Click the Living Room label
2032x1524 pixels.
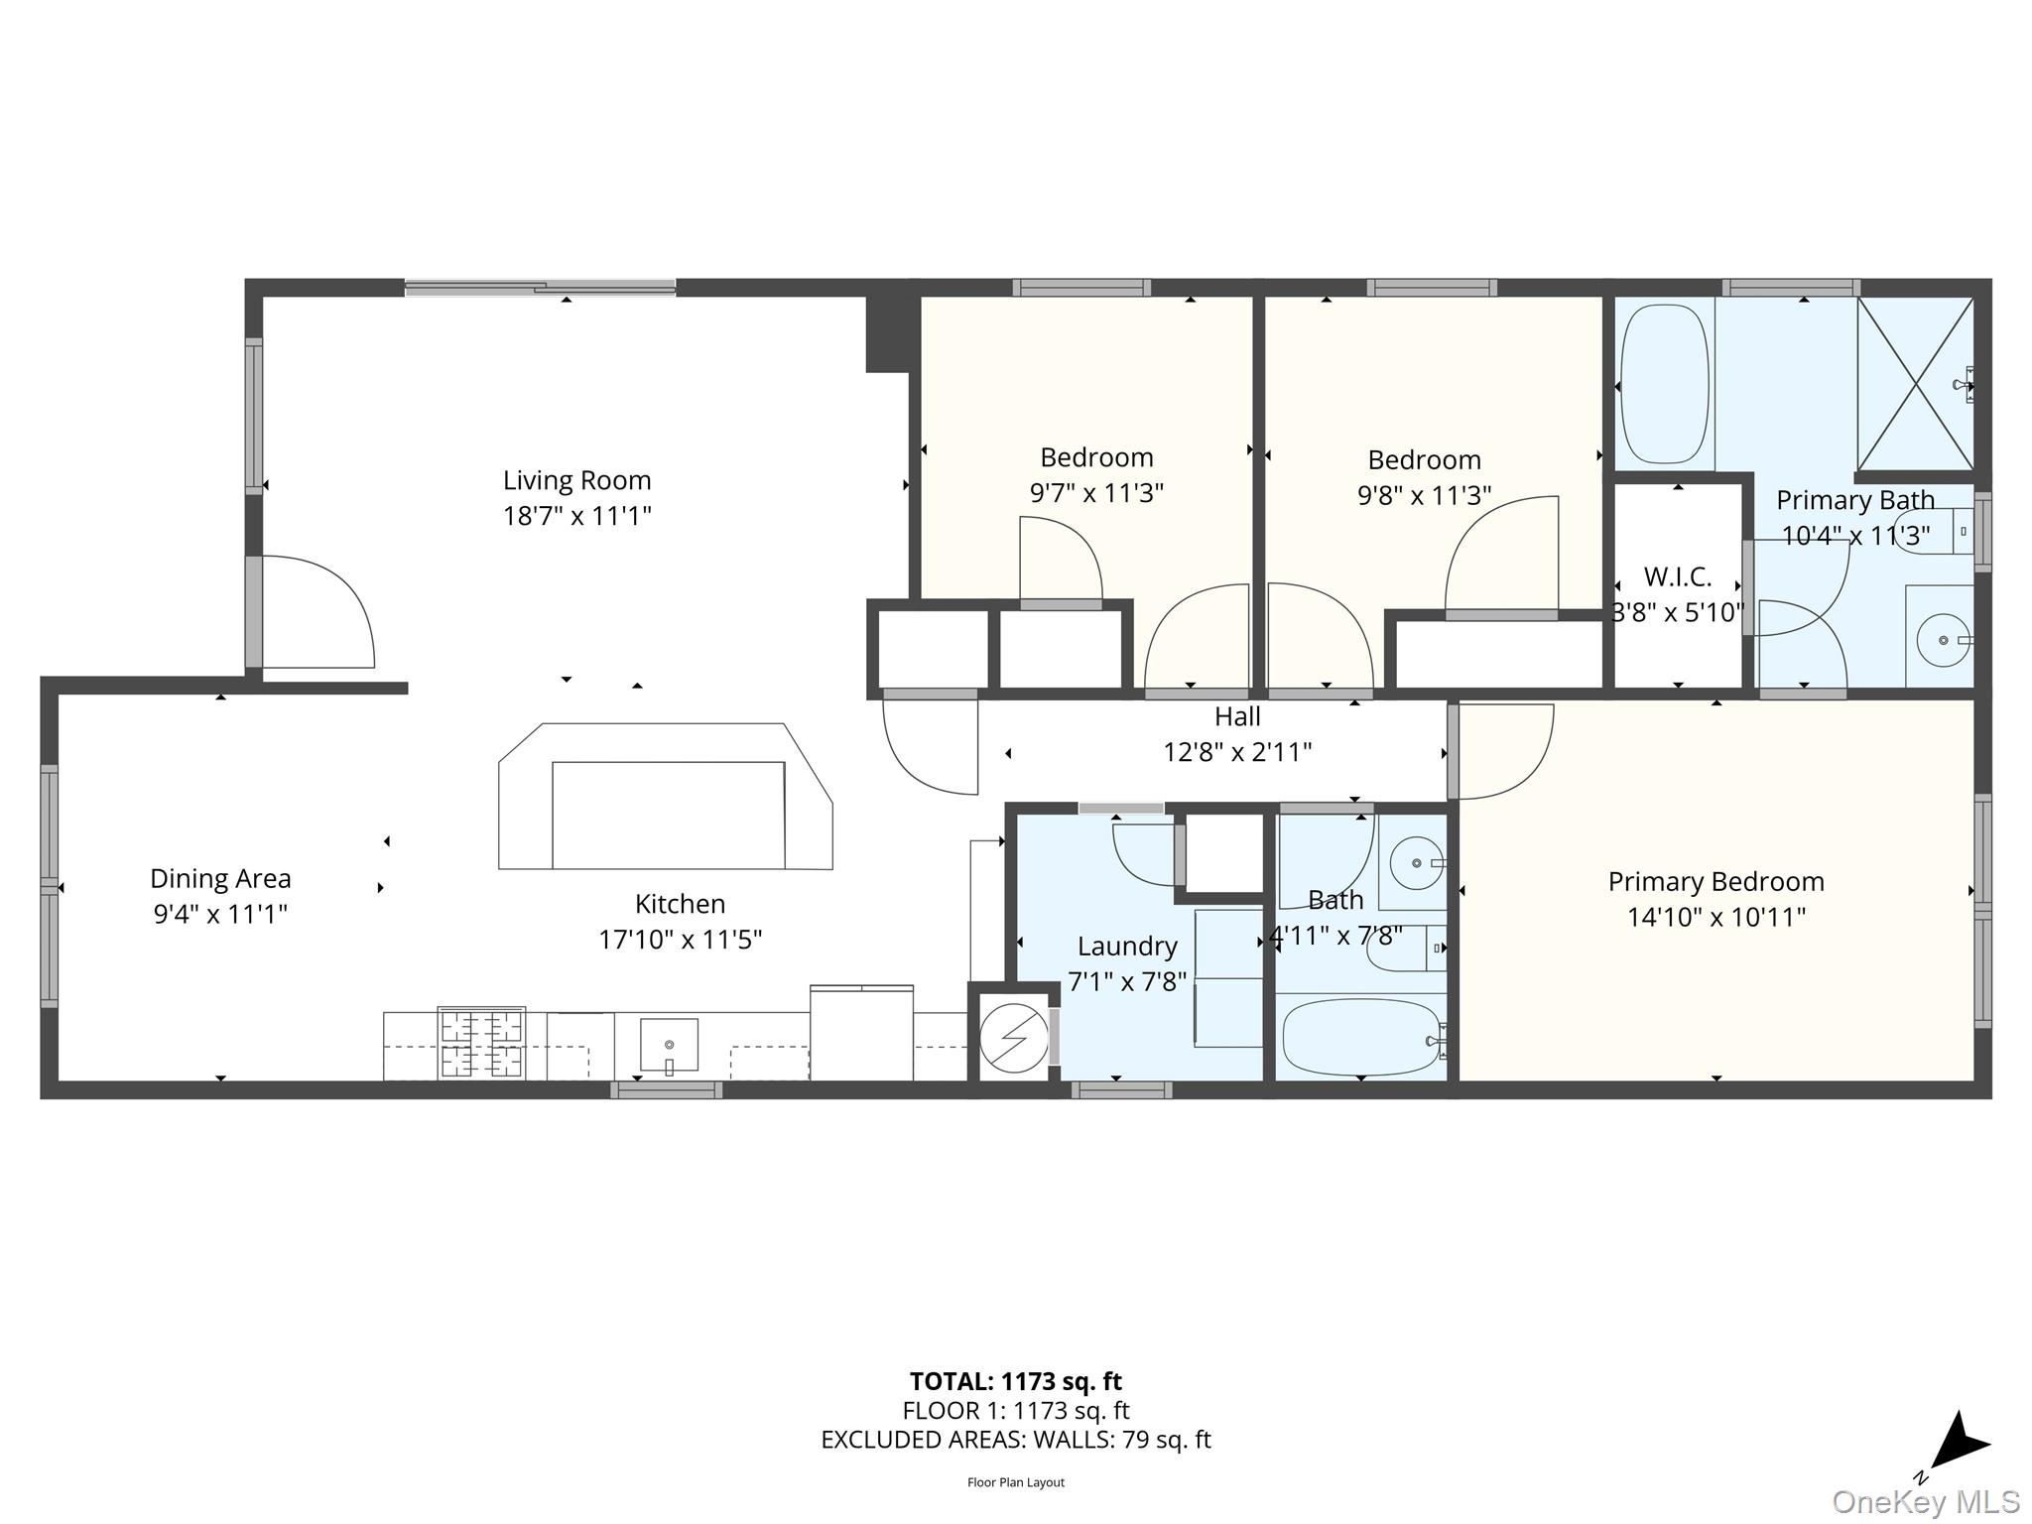[x=576, y=480]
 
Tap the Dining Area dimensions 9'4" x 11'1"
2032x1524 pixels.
[x=220, y=914]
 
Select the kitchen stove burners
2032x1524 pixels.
[x=481, y=1043]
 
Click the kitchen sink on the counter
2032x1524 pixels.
[x=669, y=1046]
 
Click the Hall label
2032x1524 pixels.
[x=1237, y=716]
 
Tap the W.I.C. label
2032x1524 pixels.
[x=1677, y=576]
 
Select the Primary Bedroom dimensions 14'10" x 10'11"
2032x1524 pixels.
[x=1715, y=917]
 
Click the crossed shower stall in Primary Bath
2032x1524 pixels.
[x=1915, y=383]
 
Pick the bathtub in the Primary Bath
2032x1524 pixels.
[x=1664, y=384]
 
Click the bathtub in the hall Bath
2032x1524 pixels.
[x=1360, y=1038]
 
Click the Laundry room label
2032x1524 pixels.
[x=1127, y=947]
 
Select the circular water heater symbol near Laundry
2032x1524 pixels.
[x=1013, y=1038]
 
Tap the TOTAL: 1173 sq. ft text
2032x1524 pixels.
[x=1015, y=1381]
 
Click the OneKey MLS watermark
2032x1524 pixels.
[x=1925, y=1502]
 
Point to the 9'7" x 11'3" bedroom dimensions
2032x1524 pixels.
[x=1096, y=493]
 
